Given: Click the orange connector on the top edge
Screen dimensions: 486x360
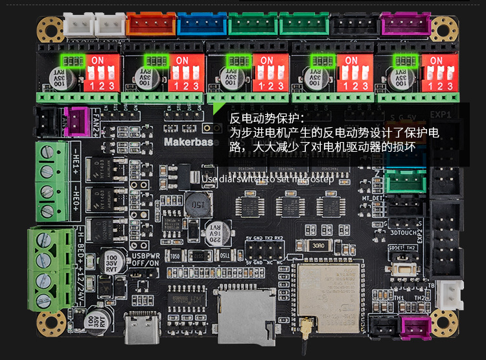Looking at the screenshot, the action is [x=150, y=25].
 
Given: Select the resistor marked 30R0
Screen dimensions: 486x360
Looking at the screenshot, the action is [x=318, y=246].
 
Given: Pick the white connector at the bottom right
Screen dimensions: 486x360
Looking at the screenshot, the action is [x=449, y=296].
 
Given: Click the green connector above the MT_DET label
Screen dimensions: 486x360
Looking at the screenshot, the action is [x=402, y=182].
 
